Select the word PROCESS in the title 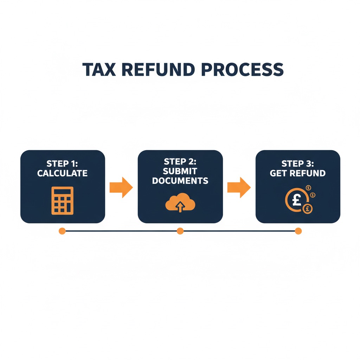tap(243, 70)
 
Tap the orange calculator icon tap(63, 200)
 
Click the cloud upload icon tap(180, 203)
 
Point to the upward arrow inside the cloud tap(180, 207)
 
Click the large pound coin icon tap(295, 201)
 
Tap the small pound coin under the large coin tap(307, 208)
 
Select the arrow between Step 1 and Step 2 tap(121, 187)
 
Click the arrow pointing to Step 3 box tap(239, 187)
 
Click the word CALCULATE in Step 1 tap(62, 173)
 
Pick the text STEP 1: tap(62, 164)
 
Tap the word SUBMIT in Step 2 tap(180, 171)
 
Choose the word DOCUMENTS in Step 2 tap(180, 181)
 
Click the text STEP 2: tap(180, 162)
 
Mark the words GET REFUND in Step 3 tap(297, 173)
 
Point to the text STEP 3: tap(297, 164)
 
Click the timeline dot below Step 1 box tap(62, 231)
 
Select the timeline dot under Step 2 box tap(180, 231)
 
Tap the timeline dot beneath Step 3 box tap(298, 231)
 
